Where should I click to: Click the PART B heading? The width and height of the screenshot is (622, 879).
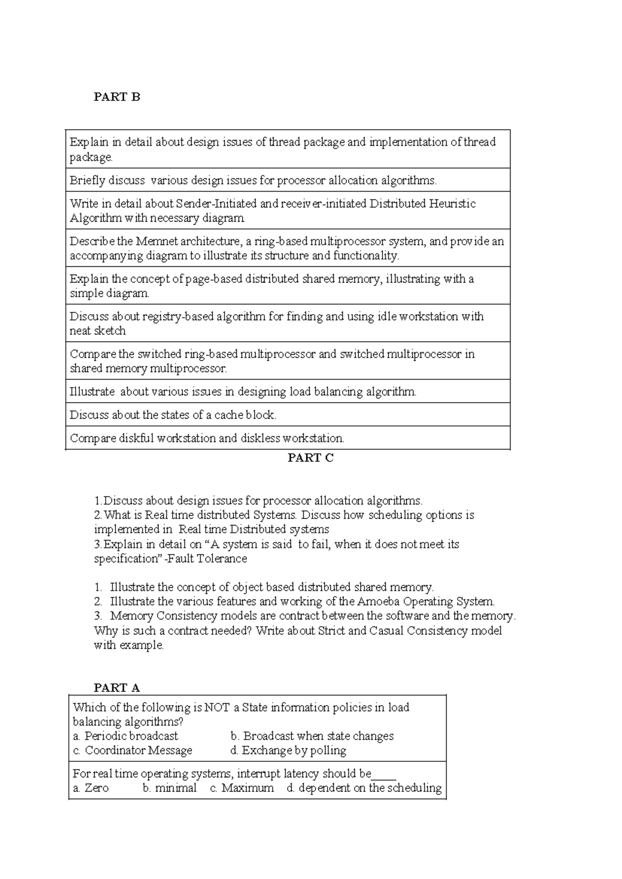click(x=117, y=97)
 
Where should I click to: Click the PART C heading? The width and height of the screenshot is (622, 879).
click(x=310, y=458)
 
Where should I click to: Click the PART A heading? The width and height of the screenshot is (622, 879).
click(x=117, y=688)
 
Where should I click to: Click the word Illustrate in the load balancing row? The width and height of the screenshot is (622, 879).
click(x=92, y=392)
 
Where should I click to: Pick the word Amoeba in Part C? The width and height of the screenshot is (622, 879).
click(x=378, y=602)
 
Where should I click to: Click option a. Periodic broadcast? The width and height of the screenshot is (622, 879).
click(x=125, y=736)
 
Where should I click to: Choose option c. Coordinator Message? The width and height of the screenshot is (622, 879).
click(x=133, y=750)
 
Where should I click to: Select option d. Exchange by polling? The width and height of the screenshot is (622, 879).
click(x=288, y=750)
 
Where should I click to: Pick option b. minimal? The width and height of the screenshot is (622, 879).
click(x=169, y=788)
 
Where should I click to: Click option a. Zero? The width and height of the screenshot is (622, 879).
click(x=91, y=788)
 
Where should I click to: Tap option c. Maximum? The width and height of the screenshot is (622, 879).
click(x=242, y=788)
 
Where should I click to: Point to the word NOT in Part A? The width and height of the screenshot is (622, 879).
click(x=217, y=707)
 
